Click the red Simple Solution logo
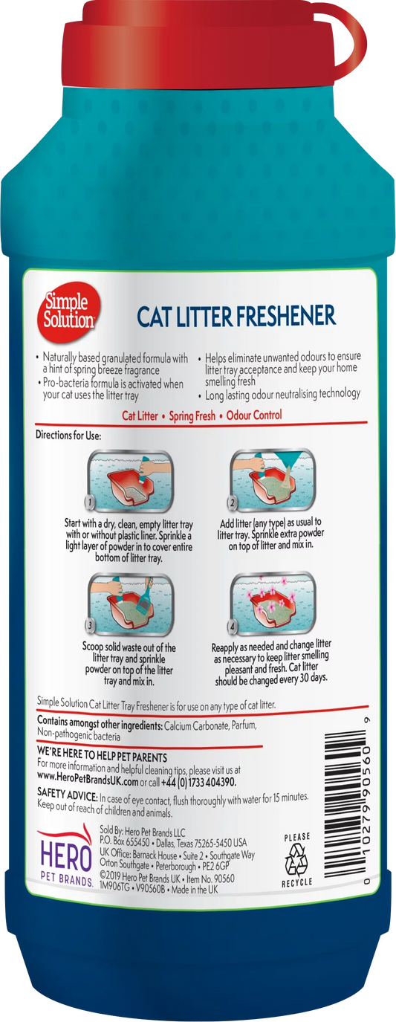(68, 312)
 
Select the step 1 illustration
(130, 480)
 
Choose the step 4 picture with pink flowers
(273, 603)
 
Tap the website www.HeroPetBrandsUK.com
(88, 782)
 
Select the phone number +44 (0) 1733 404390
(198, 782)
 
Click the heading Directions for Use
(68, 435)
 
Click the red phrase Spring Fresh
(192, 416)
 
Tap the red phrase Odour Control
(254, 415)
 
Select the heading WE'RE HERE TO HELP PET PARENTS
(103, 757)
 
